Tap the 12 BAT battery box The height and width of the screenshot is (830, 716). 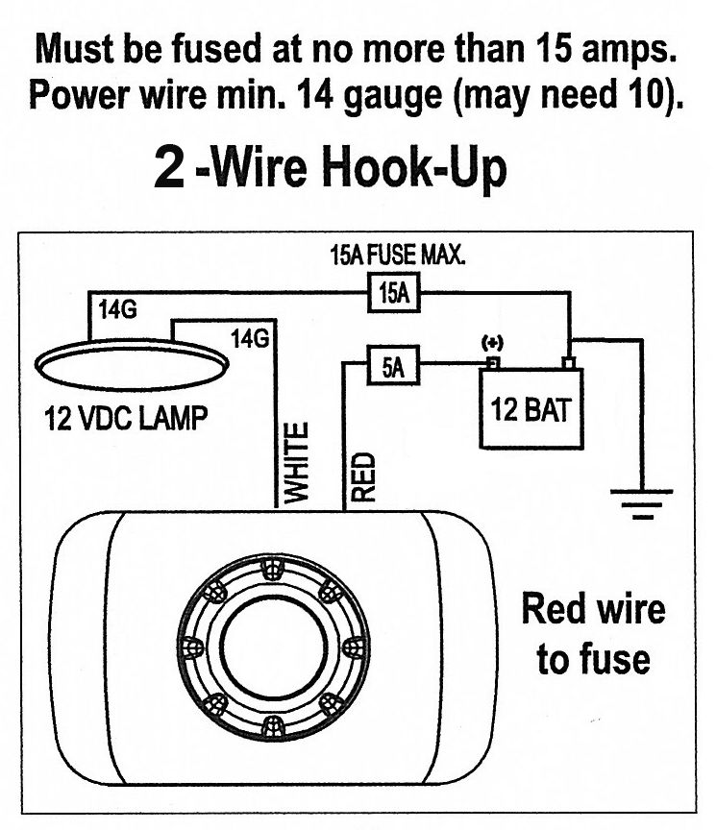[531, 411]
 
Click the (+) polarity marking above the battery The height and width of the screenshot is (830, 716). [493, 342]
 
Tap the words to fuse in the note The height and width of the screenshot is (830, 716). [593, 661]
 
